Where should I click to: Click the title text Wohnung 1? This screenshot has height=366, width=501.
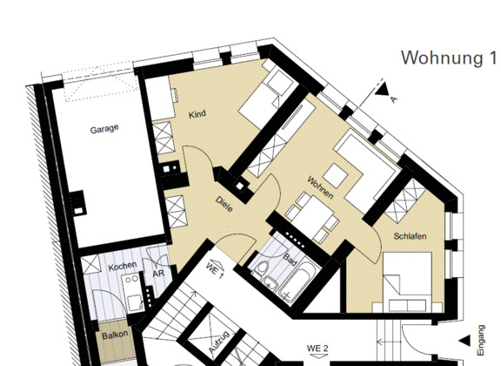click(x=449, y=58)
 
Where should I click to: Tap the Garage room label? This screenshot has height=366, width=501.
click(x=104, y=129)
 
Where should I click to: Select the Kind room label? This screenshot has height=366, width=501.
click(x=197, y=114)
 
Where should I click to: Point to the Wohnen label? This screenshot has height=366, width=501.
click(x=320, y=187)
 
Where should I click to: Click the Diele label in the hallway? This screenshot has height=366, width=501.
click(x=224, y=204)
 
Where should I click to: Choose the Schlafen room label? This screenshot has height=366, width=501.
click(x=410, y=236)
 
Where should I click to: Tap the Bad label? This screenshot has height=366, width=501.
click(x=290, y=260)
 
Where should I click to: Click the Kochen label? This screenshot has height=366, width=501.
click(x=123, y=266)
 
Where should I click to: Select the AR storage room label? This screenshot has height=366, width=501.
click(x=158, y=274)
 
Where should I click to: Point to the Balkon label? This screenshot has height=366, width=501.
click(x=115, y=335)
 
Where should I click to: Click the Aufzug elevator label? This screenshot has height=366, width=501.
click(x=219, y=342)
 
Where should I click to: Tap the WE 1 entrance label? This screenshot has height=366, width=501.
click(x=215, y=270)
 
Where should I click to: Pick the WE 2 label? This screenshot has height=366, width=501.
click(x=317, y=348)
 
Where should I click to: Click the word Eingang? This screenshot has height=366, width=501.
click(x=481, y=340)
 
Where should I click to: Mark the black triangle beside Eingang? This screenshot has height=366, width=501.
click(x=465, y=341)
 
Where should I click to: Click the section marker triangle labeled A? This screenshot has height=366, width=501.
click(x=382, y=90)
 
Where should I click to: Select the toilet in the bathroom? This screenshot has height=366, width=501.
click(x=263, y=268)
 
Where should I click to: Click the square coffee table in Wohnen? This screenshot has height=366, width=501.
click(x=335, y=175)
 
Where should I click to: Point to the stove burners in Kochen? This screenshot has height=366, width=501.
click(x=131, y=279)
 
